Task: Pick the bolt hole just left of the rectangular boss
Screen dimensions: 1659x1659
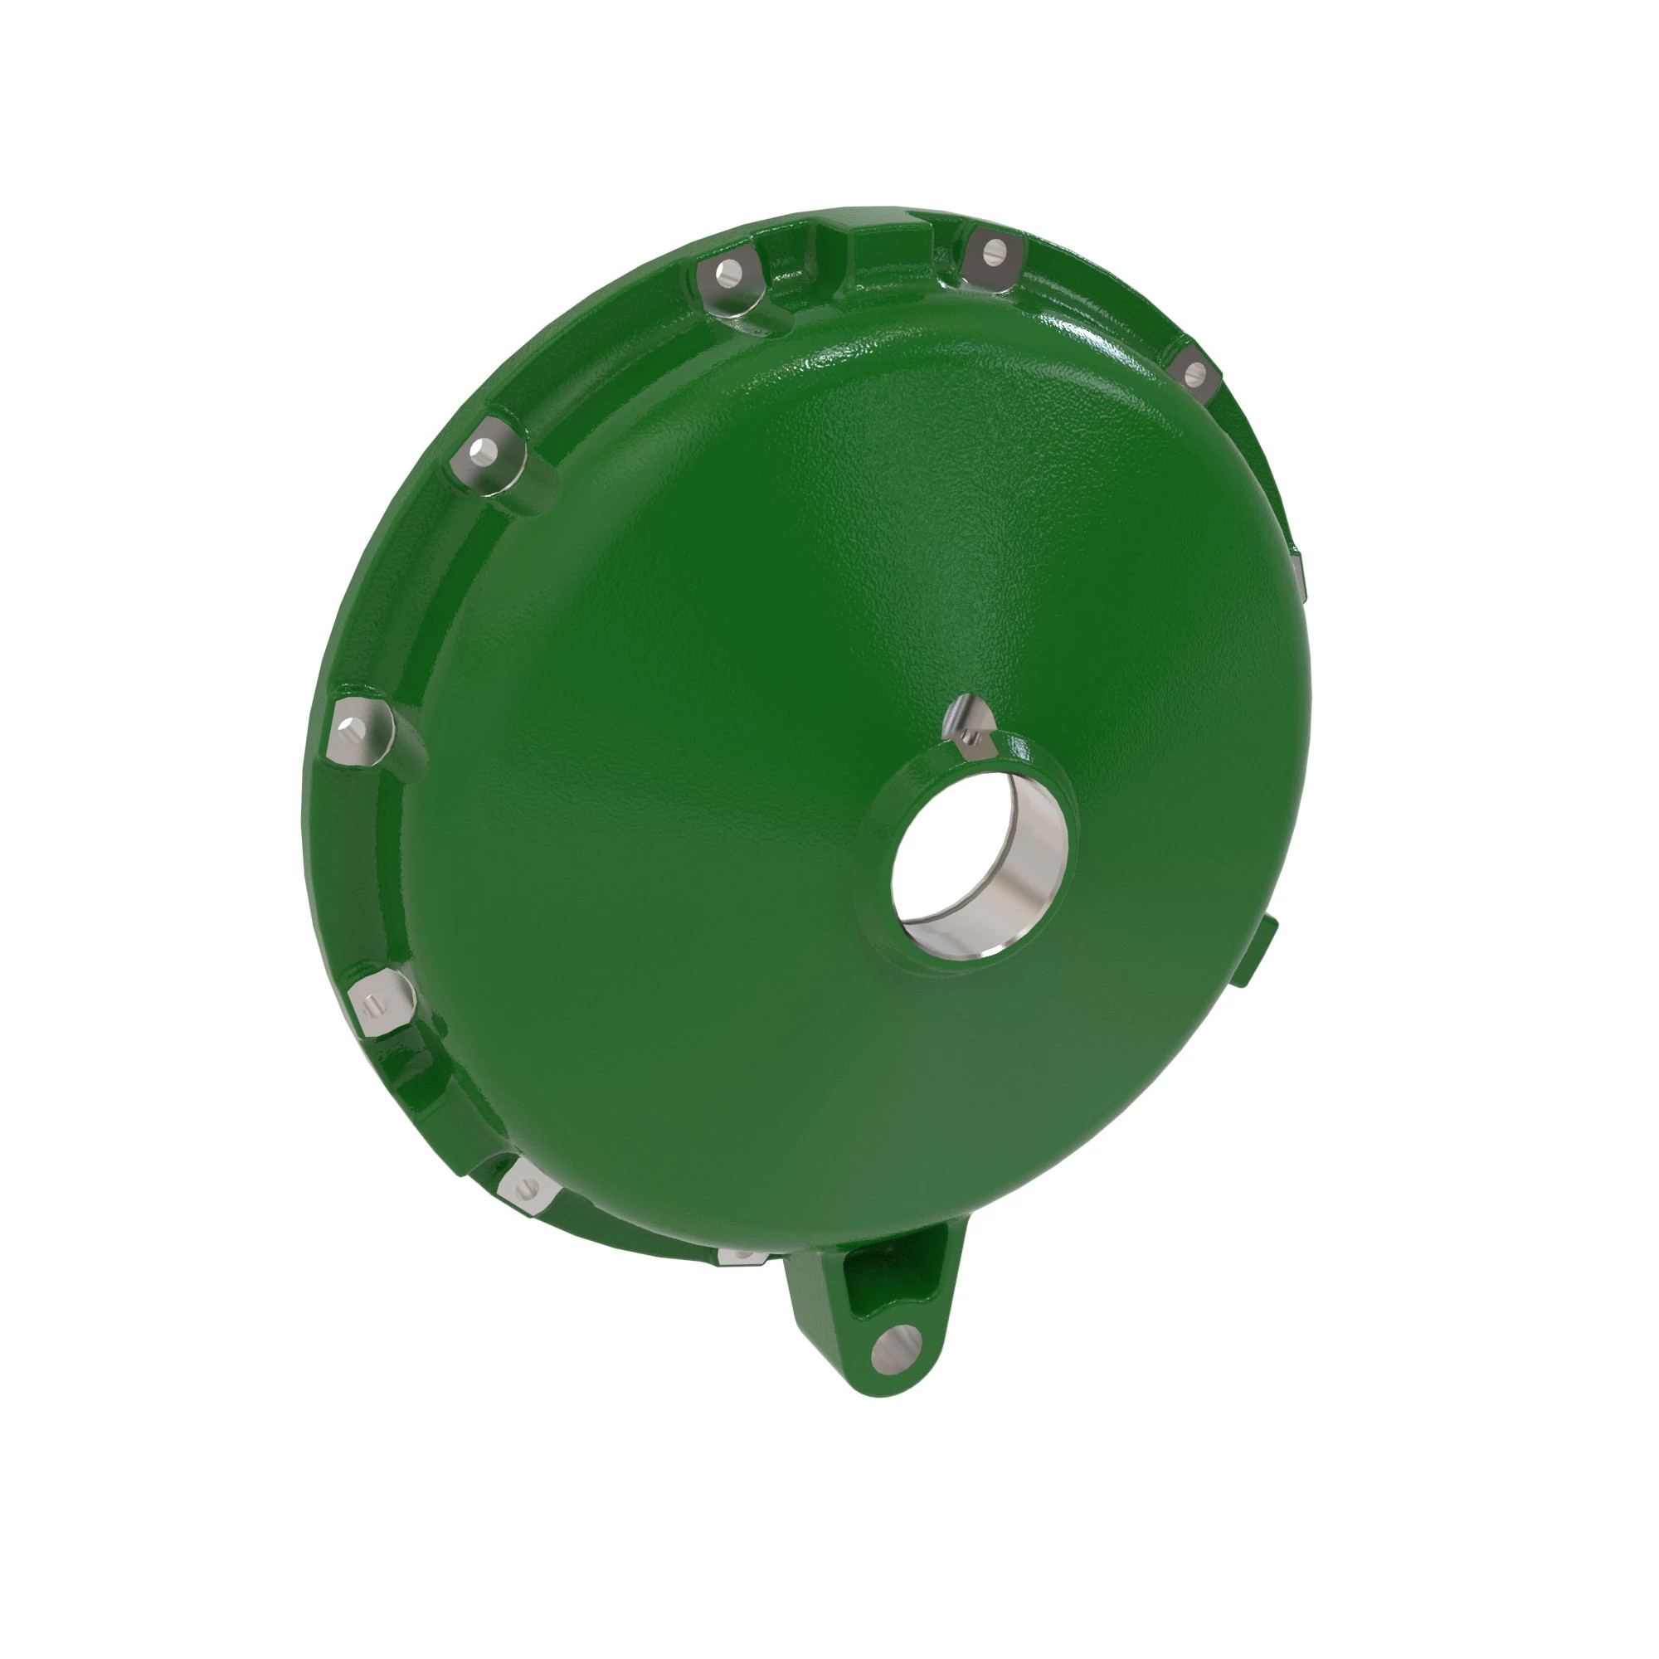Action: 728,275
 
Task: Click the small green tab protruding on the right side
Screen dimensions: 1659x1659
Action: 1270,943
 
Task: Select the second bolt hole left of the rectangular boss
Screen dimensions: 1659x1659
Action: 486,450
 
